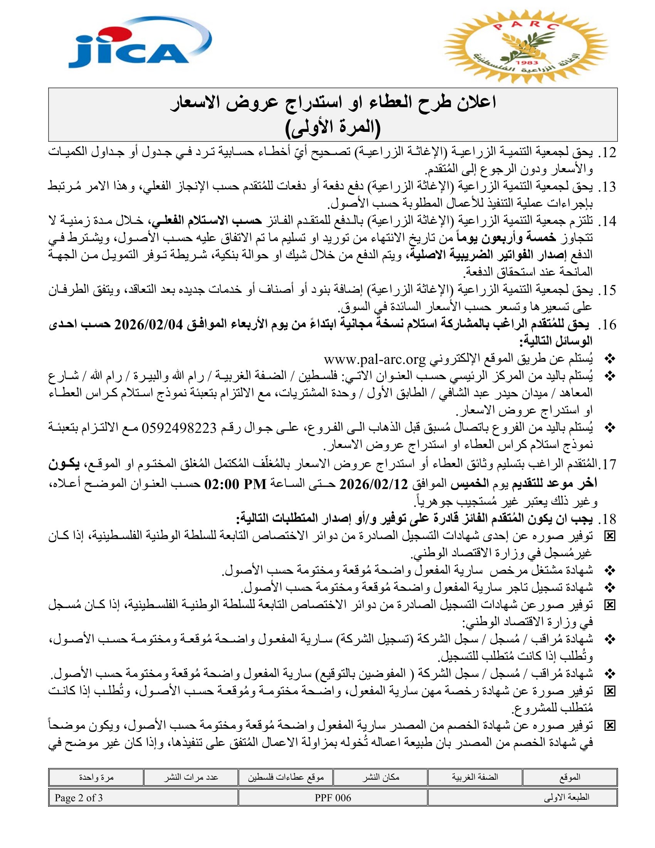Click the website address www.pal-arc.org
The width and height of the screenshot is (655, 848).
point(375,360)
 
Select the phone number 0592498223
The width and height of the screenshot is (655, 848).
point(179,428)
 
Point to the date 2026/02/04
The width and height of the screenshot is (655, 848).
point(148,325)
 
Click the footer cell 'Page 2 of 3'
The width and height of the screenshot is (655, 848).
point(79,798)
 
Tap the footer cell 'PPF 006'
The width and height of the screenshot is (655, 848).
point(333,798)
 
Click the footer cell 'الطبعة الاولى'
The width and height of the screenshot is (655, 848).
point(566,798)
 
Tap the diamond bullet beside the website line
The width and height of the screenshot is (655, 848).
point(610,360)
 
